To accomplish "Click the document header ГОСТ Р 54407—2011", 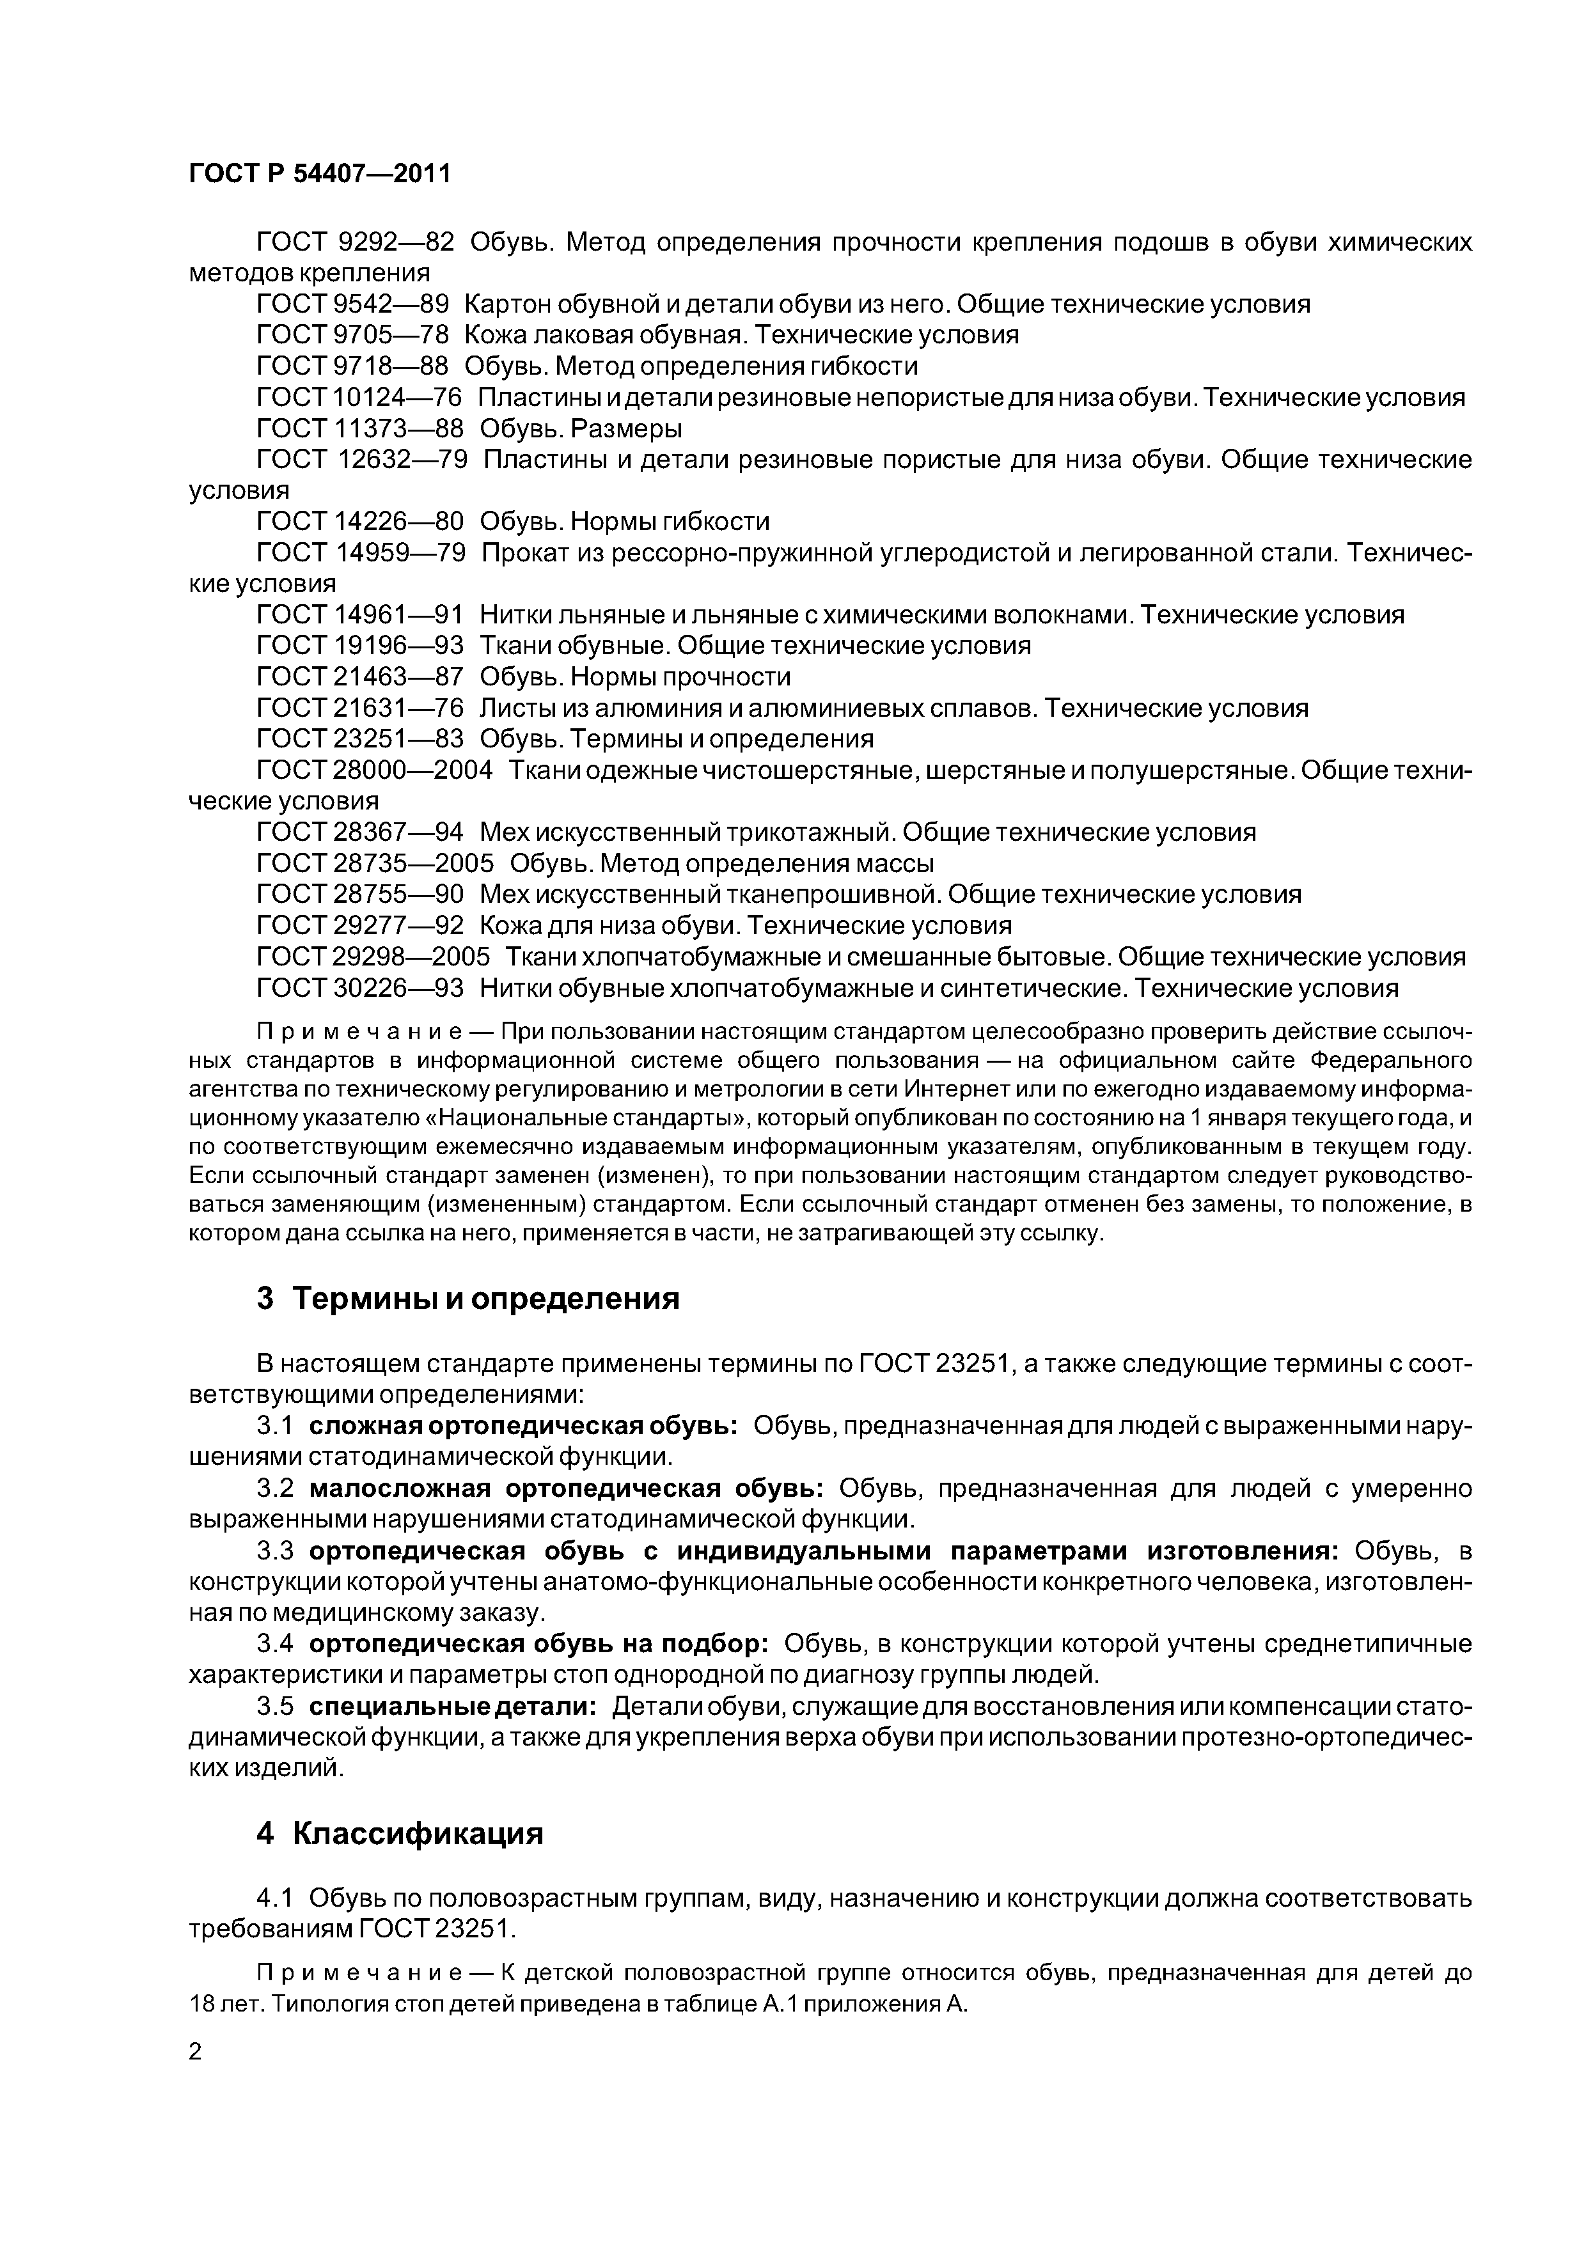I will point(320,174).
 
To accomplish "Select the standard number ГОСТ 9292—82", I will point(355,241).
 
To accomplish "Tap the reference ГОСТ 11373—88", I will point(359,428).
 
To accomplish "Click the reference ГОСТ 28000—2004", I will point(374,770).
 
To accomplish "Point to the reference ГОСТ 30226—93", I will point(359,988).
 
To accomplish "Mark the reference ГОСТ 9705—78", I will point(352,335).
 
